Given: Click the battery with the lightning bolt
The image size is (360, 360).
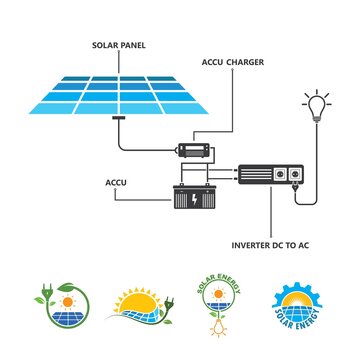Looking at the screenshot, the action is tap(192, 196).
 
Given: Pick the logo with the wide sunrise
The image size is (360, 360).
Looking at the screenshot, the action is tap(142, 304).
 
